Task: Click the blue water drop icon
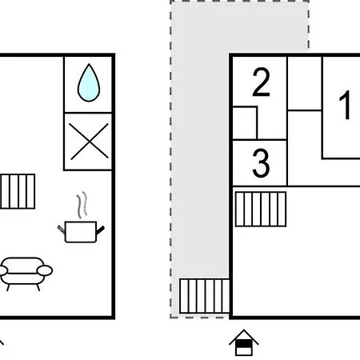(89, 83)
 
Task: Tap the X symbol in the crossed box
(90, 142)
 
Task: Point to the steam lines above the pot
(82, 205)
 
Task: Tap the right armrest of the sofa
(45, 270)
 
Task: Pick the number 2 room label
(261, 82)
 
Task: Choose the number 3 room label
(261, 163)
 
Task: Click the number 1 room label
(345, 105)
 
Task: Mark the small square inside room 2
(245, 123)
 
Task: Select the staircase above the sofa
(18, 191)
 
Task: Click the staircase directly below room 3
(261, 209)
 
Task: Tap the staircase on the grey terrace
(204, 296)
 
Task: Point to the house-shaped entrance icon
(244, 342)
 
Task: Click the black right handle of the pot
(100, 230)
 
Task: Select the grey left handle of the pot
(62, 230)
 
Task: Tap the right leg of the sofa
(38, 287)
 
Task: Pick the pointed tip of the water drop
(89, 64)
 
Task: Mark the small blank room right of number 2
(305, 83)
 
